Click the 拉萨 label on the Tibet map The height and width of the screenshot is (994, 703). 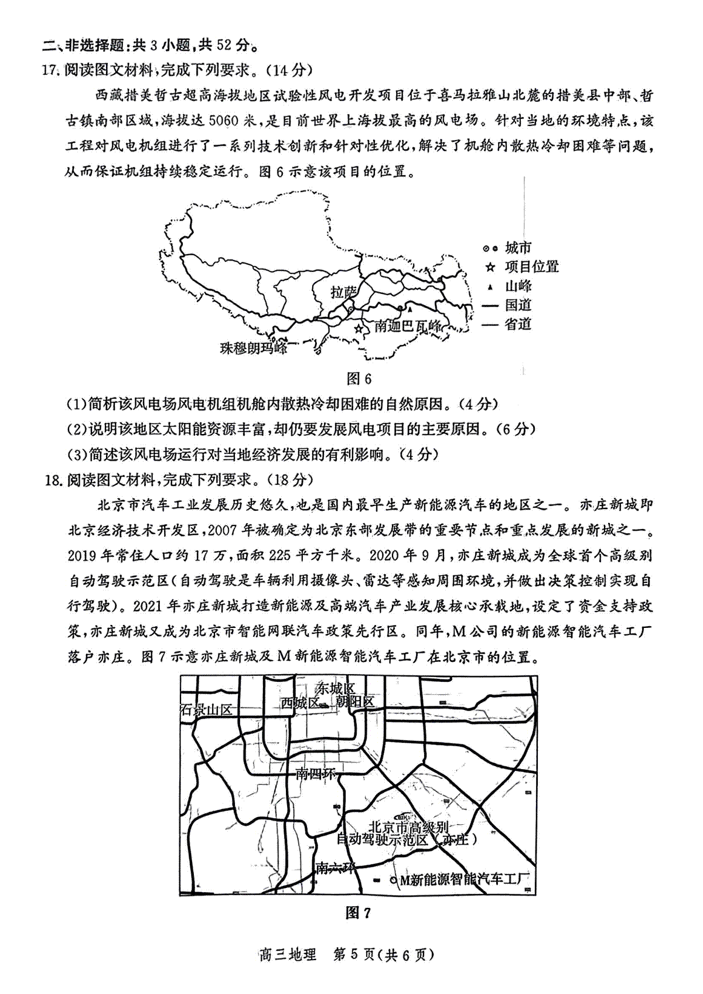(343, 292)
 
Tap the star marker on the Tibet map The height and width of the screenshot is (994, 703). (359, 329)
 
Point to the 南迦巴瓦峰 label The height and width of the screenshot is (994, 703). (408, 327)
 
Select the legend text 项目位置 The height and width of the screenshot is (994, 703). (532, 267)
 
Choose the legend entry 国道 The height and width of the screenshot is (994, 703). (518, 305)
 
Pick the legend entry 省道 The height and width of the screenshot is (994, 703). (518, 324)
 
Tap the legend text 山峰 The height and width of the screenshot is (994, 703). (518, 286)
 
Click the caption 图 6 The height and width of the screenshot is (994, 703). (359, 378)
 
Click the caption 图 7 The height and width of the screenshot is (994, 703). (359, 912)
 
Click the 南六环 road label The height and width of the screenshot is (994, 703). (335, 868)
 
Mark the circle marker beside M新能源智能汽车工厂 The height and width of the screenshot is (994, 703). (393, 880)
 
